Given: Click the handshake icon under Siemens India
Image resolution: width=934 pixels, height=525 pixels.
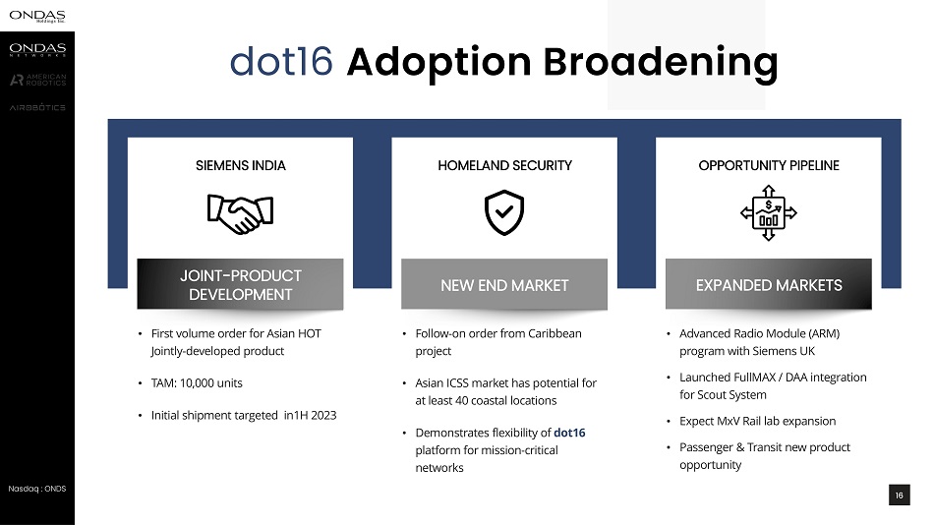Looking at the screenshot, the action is coord(240,214).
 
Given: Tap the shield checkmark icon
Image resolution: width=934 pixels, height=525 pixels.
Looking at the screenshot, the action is coord(504,212).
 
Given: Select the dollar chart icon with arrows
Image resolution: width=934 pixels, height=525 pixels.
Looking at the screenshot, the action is coord(769,212).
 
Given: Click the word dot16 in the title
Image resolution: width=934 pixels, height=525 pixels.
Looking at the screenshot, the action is coord(281,61).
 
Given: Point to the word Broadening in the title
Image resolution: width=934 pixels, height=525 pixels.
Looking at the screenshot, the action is coord(661,63).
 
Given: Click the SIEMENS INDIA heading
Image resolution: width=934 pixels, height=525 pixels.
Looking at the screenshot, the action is coord(241,166).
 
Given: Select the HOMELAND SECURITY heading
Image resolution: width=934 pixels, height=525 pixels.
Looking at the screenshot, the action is coord(504,166).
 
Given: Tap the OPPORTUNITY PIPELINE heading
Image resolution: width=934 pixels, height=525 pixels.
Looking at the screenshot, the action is coord(769,166).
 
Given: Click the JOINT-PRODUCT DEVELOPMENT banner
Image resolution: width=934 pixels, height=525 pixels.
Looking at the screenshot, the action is coord(240,284).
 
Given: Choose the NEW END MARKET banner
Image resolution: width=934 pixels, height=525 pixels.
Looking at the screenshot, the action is coord(504,284).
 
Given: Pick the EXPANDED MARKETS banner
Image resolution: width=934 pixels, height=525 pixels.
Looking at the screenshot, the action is coord(769,284).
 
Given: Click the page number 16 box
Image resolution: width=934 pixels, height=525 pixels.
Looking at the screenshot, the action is coord(899,496).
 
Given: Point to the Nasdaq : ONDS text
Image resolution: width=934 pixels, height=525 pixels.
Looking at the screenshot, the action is coord(37,489).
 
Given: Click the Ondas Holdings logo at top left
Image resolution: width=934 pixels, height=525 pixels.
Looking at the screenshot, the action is coord(37,16).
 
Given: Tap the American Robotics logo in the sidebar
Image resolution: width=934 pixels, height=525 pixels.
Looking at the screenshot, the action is coord(37,80).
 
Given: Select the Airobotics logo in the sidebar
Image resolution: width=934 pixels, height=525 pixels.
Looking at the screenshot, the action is coord(37,107).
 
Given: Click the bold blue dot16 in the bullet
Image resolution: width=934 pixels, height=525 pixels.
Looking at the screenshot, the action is coord(569,433).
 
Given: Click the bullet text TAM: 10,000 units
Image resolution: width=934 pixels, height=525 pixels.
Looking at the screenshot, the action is coord(197,383).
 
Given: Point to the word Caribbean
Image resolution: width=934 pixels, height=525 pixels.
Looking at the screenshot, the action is coord(555,333).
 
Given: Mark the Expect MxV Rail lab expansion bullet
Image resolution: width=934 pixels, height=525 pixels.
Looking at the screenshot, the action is coord(758,422).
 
